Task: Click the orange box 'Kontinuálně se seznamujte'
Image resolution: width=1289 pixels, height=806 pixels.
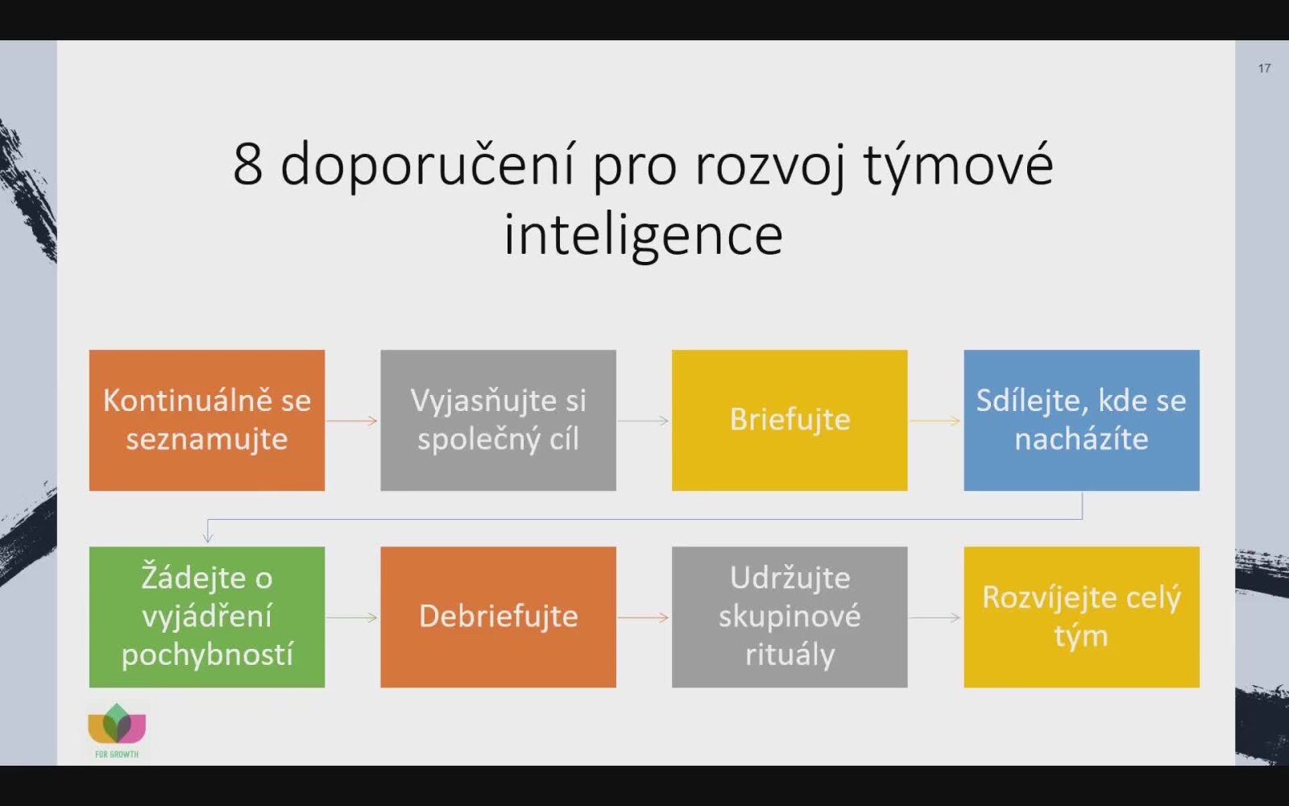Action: (206, 420)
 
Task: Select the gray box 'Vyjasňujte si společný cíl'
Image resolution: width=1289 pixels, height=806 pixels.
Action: (499, 420)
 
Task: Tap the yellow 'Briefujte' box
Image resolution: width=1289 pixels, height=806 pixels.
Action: (790, 420)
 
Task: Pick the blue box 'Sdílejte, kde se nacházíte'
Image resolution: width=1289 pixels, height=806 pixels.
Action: (1082, 420)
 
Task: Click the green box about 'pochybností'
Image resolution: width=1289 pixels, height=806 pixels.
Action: (206, 617)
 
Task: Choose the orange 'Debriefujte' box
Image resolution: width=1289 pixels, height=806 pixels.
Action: (499, 617)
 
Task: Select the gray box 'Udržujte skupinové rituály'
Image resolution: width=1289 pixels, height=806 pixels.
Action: (790, 617)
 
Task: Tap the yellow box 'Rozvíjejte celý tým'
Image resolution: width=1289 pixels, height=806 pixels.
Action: (1082, 617)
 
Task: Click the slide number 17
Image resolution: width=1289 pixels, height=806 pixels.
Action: (1264, 69)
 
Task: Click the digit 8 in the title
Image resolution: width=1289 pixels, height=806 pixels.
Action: (248, 164)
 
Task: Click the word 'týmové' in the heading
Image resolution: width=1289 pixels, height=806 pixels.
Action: (959, 165)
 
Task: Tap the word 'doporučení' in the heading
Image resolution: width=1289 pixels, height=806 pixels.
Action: (428, 165)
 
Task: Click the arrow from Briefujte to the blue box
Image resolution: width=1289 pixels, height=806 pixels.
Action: (935, 421)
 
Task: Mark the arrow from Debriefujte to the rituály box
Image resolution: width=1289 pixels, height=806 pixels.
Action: (644, 617)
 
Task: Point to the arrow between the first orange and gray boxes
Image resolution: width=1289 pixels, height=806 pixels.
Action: (352, 421)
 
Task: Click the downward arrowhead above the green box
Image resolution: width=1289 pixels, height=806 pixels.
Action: (208, 538)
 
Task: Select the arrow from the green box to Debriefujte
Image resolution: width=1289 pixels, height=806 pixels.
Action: (352, 617)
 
